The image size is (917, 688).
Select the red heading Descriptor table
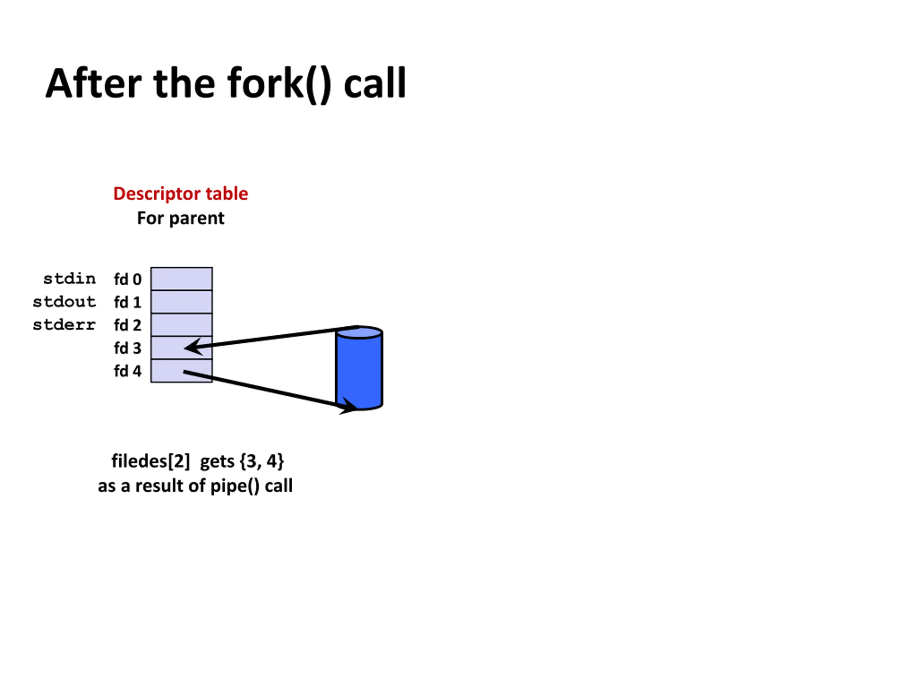(x=181, y=193)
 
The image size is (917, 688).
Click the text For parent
(x=181, y=218)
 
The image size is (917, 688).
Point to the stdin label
(x=69, y=279)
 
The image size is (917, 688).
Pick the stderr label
(x=64, y=325)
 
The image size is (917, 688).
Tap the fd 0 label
(x=128, y=279)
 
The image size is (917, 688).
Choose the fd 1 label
(x=128, y=302)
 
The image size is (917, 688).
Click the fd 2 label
(x=128, y=325)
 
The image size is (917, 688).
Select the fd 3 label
(x=128, y=348)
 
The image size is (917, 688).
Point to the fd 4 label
(x=128, y=371)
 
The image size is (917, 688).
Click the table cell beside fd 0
(x=182, y=279)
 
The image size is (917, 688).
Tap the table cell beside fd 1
(x=182, y=302)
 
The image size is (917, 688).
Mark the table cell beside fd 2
(x=182, y=325)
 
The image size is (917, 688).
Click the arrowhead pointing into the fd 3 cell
(x=193, y=347)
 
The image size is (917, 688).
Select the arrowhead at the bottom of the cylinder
(x=348, y=407)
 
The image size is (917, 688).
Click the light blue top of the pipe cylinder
(x=359, y=333)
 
